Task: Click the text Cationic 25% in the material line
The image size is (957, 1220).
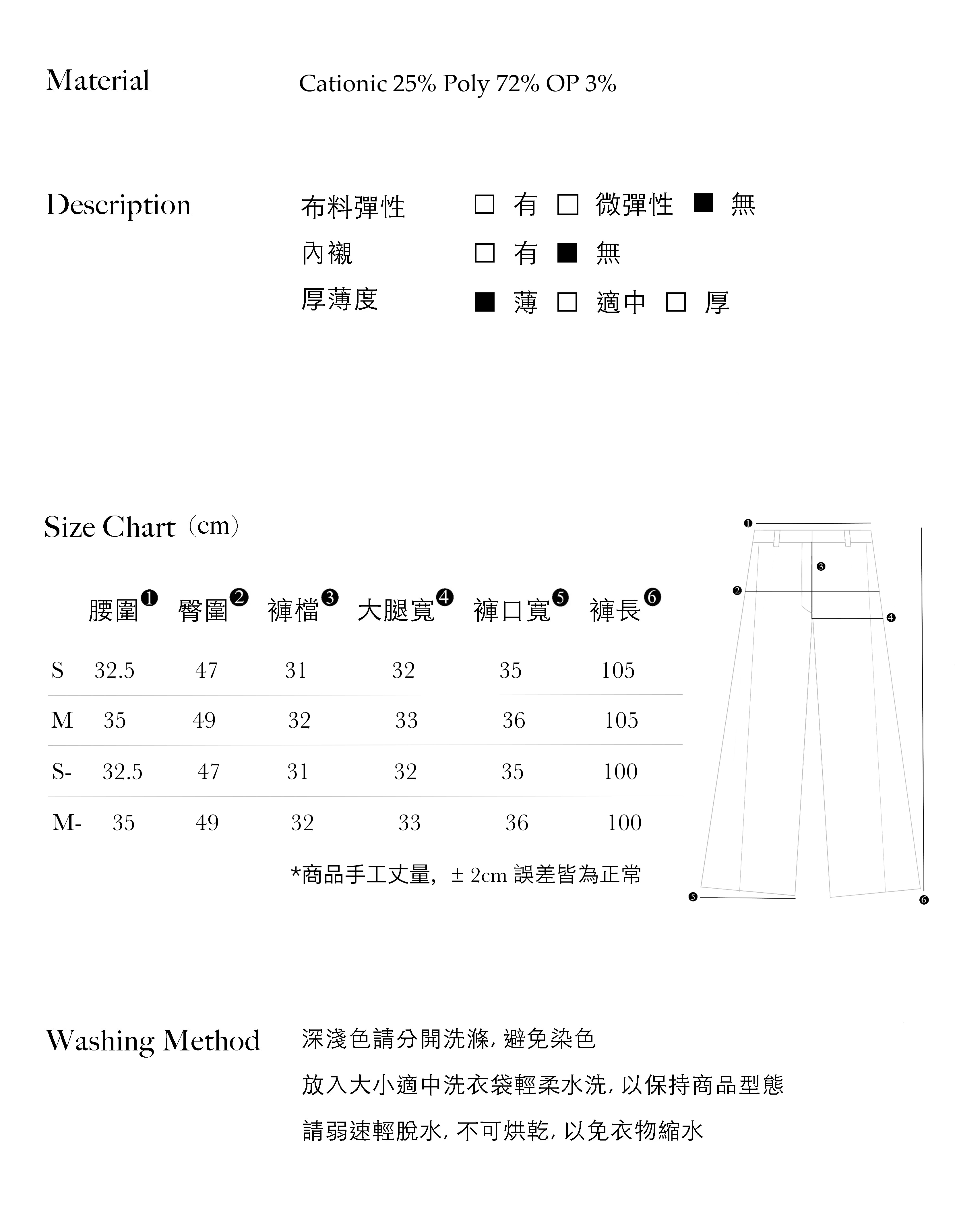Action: pos(367,84)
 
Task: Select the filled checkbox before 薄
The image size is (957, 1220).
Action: pos(485,302)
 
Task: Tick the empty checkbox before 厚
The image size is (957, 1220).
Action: pos(676,302)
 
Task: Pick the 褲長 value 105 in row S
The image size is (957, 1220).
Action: pos(618,671)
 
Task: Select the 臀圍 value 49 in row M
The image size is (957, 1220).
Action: pos(204,720)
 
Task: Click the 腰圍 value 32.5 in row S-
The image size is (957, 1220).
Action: pos(122,772)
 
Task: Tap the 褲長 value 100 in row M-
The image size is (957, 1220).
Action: pos(625,823)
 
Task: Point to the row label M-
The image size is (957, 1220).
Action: pos(67,823)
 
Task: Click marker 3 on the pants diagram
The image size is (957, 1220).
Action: pos(821,566)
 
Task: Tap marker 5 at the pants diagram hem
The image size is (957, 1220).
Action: pos(693,897)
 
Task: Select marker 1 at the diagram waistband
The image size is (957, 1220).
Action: pos(747,523)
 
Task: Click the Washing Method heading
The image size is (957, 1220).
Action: pos(152,1041)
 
